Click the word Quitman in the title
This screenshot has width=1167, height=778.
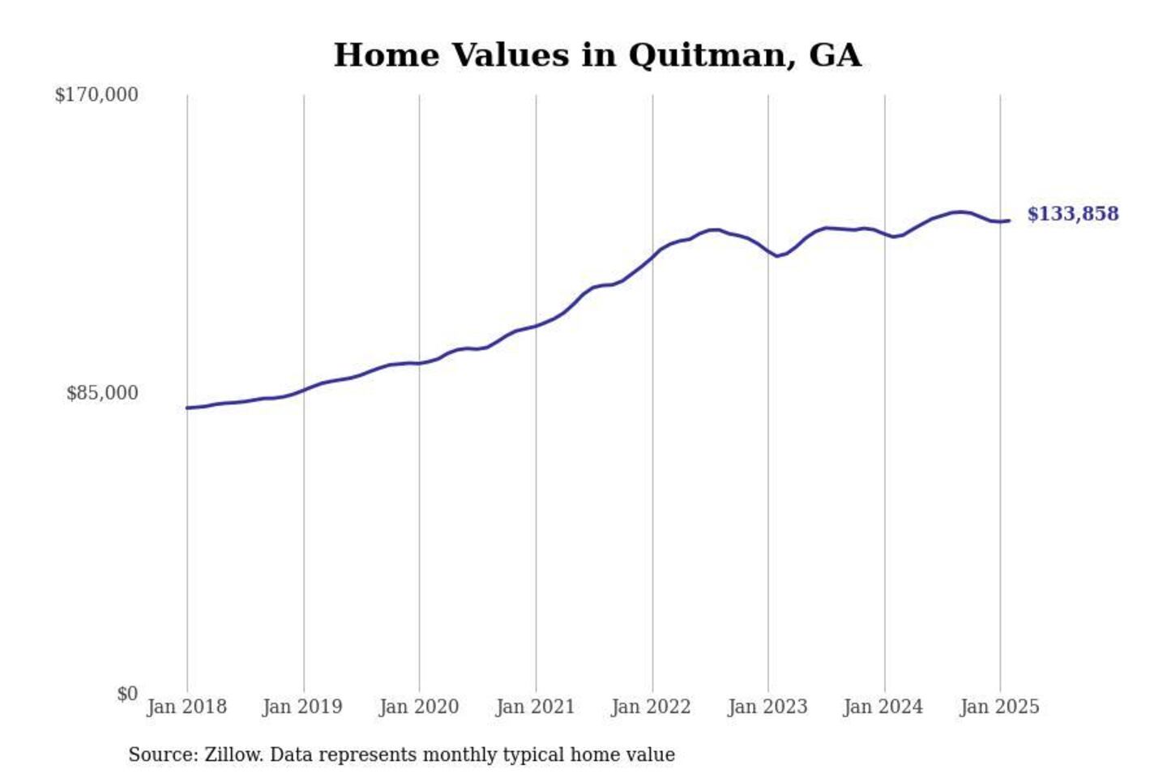pyautogui.click(x=710, y=55)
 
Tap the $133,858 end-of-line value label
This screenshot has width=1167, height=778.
pyautogui.click(x=1072, y=214)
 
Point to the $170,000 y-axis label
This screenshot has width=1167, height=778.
pyautogui.click(x=96, y=95)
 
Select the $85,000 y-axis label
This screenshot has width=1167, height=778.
pyautogui.click(x=102, y=393)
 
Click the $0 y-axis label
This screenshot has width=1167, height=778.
pyautogui.click(x=126, y=694)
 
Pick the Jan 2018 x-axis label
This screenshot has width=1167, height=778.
pyautogui.click(x=186, y=707)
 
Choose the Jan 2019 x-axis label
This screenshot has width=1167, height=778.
pyautogui.click(x=302, y=707)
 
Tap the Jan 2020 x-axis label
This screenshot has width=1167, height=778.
pyautogui.click(x=419, y=707)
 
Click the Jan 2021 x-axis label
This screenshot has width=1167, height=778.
pyautogui.click(x=535, y=707)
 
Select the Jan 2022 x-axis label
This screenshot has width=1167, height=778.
pyautogui.click(x=651, y=707)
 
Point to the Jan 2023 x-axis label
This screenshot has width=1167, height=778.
pyautogui.click(x=767, y=707)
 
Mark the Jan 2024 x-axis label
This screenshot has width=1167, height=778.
pyautogui.click(x=883, y=707)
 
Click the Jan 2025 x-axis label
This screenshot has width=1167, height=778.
pyautogui.click(x=999, y=707)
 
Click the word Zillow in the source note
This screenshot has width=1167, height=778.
pyautogui.click(x=233, y=754)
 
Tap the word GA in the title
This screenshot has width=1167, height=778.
pyautogui.click(x=835, y=55)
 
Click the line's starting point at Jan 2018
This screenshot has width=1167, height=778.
pyautogui.click(x=188, y=408)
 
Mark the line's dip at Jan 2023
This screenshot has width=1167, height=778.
pyautogui.click(x=776, y=256)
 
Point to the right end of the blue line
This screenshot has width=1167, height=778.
pyautogui.click(x=1009, y=220)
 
